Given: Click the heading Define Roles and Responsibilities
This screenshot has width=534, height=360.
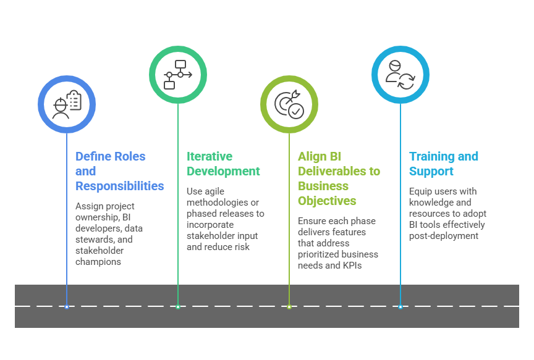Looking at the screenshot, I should coord(119,171).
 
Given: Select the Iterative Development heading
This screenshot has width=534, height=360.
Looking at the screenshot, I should coord(223,164).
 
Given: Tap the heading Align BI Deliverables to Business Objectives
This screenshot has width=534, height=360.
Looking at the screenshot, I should coord(339,178).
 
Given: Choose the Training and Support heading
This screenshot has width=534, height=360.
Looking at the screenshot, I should coord(443,164).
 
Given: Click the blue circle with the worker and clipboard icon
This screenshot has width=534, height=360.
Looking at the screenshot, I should coord(67,104).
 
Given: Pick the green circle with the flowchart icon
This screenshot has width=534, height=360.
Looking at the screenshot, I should coord(178,74).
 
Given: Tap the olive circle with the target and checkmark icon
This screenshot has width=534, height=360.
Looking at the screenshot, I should coord(289,104).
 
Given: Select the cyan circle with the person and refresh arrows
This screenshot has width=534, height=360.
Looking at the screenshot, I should coord(400,74).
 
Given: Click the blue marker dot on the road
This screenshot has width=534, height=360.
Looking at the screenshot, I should coord(67,306).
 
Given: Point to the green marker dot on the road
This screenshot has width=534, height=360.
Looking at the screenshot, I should coord(178,306).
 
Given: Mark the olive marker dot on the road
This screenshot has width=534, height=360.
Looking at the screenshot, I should coord(289,306).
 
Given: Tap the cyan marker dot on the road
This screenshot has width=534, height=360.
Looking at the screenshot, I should coord(400,306).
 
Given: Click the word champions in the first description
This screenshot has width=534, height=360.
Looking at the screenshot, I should coord(98,262).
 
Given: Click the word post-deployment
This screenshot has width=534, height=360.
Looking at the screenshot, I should coord(443,236).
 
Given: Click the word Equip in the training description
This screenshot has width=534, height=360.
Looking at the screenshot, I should coord(421,191).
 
